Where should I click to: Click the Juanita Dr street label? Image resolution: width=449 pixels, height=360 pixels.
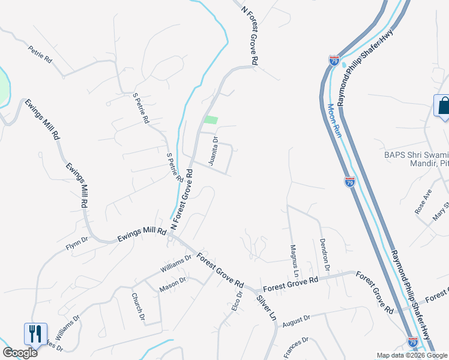pos(213,151)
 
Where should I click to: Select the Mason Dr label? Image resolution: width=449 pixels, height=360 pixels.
pos(173,284)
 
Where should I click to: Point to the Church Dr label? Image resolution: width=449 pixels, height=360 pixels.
pos(139,307)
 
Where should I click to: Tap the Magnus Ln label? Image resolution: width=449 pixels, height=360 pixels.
pos(294,256)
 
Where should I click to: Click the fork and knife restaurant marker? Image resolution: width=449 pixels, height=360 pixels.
pos(35,334)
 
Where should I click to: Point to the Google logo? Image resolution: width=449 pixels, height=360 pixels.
pos(20,352)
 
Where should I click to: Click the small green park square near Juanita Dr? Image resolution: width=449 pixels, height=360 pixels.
pos(210,120)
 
